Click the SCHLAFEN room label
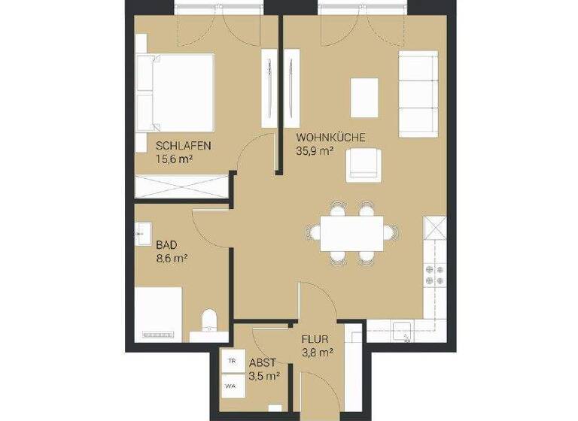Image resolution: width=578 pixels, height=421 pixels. pyautogui.click(x=183, y=146)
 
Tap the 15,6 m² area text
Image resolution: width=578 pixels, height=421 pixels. pyautogui.click(x=176, y=159)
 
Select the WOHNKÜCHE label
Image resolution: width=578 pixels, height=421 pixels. pyautogui.click(x=330, y=138)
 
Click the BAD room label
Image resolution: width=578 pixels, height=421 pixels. pyautogui.click(x=167, y=245)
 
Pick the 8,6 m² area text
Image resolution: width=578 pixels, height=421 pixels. pyautogui.click(x=172, y=258)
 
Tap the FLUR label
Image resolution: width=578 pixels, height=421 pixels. pyautogui.click(x=315, y=338)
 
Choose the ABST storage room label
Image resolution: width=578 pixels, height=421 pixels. pyautogui.click(x=263, y=361)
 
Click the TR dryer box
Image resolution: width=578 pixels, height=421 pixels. pyautogui.click(x=230, y=362)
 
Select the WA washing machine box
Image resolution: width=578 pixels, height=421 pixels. pyautogui.click(x=230, y=387)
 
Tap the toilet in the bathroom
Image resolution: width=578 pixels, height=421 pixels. pyautogui.click(x=209, y=321)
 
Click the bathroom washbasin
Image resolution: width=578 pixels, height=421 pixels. pyautogui.click(x=142, y=235)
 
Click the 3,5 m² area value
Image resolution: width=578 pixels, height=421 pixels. pyautogui.click(x=265, y=374)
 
